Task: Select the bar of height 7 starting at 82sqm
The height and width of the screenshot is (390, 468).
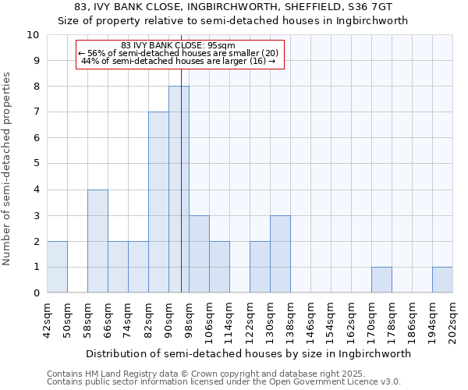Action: pyautogui.click(x=158, y=203)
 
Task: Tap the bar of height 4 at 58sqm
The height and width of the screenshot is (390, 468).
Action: pyautogui.click(x=97, y=241)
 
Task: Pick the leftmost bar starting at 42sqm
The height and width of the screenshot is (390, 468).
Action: pyautogui.click(x=57, y=267)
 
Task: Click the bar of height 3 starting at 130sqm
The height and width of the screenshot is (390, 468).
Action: pyautogui.click(x=280, y=254)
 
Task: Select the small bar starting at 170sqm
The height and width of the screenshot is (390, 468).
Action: pyautogui.click(x=381, y=280)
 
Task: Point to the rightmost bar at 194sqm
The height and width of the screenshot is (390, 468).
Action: pyautogui.click(x=442, y=280)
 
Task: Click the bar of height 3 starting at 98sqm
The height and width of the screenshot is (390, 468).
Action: pyautogui.click(x=199, y=254)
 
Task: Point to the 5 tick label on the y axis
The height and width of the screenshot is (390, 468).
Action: pyautogui.click(x=36, y=164)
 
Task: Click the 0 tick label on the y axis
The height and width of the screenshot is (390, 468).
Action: pyautogui.click(x=36, y=293)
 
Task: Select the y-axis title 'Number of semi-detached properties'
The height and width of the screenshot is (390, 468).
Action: pyautogui.click(x=8, y=168)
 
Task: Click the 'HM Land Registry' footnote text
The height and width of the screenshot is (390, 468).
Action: pyautogui.click(x=123, y=374)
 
